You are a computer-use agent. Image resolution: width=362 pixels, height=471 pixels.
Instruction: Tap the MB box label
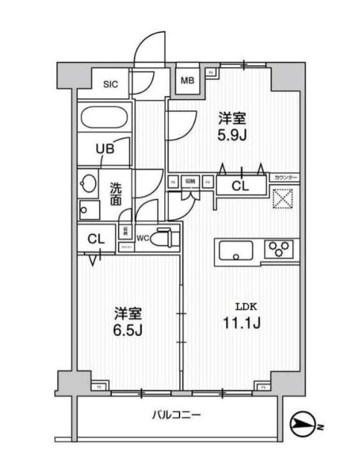tap(187, 80)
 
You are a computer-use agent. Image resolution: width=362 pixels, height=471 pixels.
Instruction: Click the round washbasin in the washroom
tap(88, 185)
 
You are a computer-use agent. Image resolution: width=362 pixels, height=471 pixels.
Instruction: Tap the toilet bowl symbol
tap(165, 238)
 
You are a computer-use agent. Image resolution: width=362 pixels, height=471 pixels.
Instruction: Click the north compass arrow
tap(306, 427)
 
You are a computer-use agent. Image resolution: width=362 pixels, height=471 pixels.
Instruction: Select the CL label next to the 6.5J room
tap(96, 238)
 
